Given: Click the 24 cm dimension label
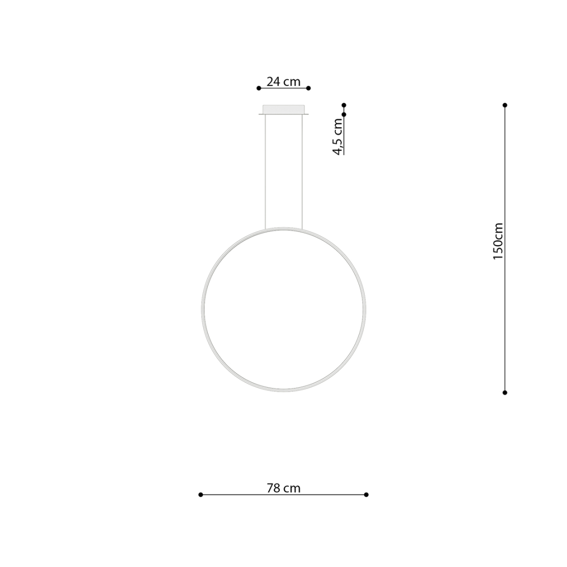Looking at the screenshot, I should point(283,81).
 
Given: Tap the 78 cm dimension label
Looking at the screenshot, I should point(283,488).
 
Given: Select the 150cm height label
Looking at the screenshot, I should point(498,241).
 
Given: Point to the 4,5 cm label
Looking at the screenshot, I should point(338,136).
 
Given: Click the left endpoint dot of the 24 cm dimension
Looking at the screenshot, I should point(259,88).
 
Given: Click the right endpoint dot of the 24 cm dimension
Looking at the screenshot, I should point(309,88).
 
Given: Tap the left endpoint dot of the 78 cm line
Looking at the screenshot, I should point(201,495).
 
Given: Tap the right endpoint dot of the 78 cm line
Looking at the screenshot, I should point(366,495).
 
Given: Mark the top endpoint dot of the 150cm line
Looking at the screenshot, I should point(505,105).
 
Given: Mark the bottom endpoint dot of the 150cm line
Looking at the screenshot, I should point(505,392).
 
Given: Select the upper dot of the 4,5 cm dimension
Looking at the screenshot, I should point(344,105).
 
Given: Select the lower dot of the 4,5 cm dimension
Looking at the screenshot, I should point(344,114).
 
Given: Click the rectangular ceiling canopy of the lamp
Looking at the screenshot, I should point(283,109).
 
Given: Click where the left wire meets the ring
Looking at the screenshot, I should point(266,229).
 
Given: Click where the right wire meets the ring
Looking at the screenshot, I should point(302,229).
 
